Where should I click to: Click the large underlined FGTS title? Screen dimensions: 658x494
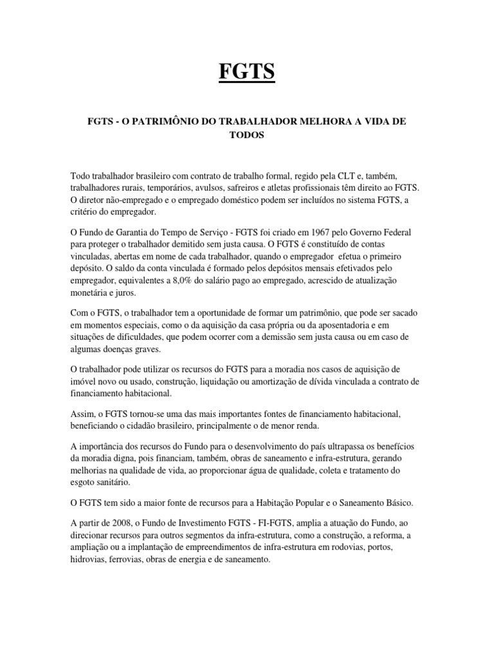point(247,71)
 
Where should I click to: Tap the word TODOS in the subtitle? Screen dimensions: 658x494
point(247,136)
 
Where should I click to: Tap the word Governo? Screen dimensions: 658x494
point(372,232)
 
